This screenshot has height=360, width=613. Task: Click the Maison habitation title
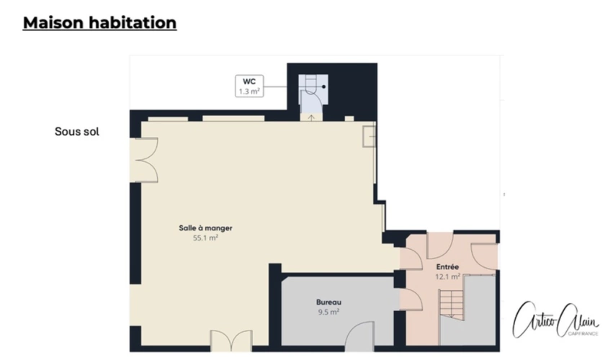99,23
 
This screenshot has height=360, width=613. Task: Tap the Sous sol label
76,132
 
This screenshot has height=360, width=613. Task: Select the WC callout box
250,86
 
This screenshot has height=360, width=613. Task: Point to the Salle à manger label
205,228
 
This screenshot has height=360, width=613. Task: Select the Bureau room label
328,302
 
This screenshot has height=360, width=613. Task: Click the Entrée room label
447,267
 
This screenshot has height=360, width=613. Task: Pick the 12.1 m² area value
447,276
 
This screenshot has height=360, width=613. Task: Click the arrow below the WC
311,116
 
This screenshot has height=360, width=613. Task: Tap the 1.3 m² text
250,91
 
